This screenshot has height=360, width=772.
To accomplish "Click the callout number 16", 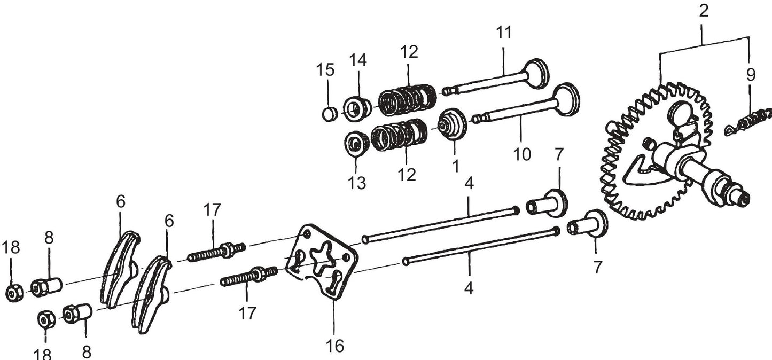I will pos(334,346).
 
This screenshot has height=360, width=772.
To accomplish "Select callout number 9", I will pos(751,75).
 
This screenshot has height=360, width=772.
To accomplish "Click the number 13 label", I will pos(357,183).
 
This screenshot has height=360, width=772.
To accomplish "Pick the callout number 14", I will pos(358,61).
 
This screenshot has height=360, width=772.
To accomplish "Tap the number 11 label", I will pos(503,33).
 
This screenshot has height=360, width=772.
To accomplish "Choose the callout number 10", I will pos(522,154).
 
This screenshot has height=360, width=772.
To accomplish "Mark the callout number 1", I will pos(455,166).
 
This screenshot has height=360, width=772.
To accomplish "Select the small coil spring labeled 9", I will pos(751,122).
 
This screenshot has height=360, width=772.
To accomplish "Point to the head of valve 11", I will pos(537,73).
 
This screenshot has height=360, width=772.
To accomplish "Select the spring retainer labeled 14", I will pos(358,107).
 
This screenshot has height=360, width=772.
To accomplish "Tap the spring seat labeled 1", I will pos(451,123).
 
